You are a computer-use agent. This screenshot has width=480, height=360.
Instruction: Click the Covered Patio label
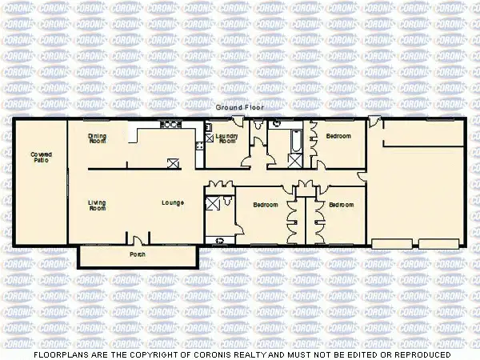[x=40, y=157]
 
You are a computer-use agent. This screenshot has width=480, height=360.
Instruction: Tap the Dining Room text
[x=98, y=138]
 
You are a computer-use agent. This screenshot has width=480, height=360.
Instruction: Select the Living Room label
[x=98, y=205]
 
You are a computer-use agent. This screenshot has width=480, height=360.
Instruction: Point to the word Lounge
[x=173, y=202]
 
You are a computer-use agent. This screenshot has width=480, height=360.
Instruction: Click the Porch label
[x=138, y=255]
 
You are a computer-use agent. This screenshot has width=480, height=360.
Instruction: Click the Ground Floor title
[x=238, y=106]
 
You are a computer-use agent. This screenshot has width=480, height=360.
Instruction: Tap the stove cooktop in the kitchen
[x=170, y=124]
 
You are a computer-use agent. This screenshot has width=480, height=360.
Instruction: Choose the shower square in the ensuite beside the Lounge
[x=213, y=202]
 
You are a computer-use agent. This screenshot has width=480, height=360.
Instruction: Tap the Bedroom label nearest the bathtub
[x=338, y=136]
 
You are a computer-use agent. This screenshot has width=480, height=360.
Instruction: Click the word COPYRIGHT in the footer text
[x=148, y=353]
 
